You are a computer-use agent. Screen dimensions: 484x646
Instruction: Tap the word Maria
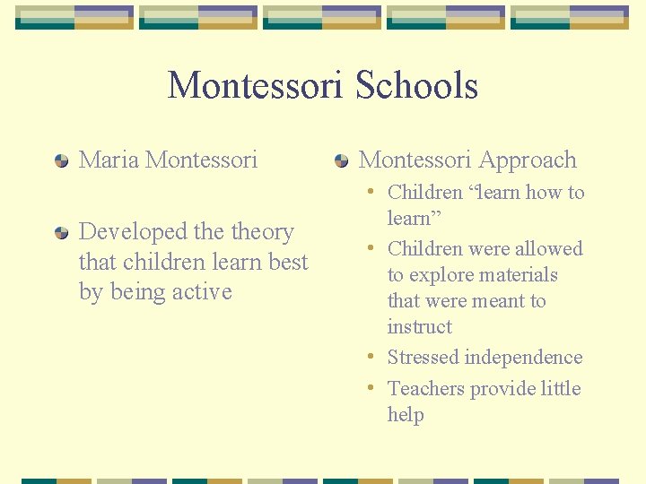pyautogui.click(x=109, y=160)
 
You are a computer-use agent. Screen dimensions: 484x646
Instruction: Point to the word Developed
pyautogui.click(x=131, y=232)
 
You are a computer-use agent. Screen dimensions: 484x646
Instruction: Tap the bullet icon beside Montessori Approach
pyautogui.click(x=341, y=161)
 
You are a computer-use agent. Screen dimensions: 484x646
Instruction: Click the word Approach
pyautogui.click(x=535, y=160)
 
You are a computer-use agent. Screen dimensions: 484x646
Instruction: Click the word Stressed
pyautogui.click(x=422, y=358)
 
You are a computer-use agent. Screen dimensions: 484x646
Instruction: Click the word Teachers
pyautogui.click(x=425, y=388)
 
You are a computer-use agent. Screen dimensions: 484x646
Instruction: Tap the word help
pyautogui.click(x=406, y=415)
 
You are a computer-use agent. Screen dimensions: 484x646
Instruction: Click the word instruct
pyautogui.click(x=419, y=327)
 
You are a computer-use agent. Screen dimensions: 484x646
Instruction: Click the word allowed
pyautogui.click(x=548, y=249)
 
